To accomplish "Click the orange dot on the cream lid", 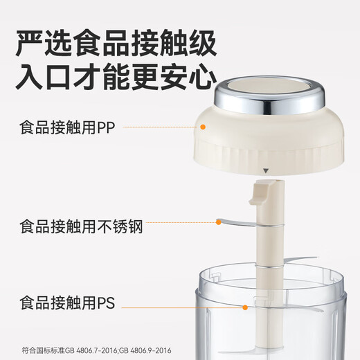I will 203,127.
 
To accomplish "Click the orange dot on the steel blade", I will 219,222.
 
